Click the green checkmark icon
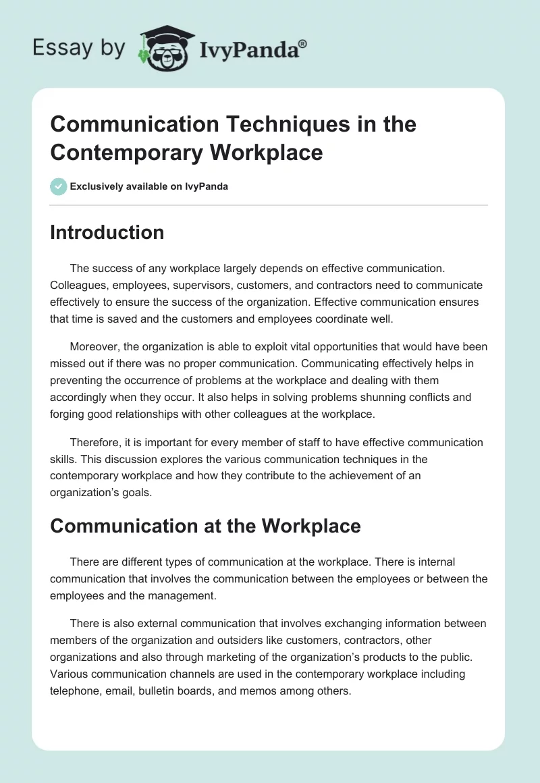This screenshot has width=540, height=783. [x=59, y=186]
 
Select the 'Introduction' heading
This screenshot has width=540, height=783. [x=107, y=232]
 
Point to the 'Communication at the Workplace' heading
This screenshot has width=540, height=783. [x=205, y=526]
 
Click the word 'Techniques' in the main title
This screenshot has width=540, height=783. [x=271, y=124]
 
